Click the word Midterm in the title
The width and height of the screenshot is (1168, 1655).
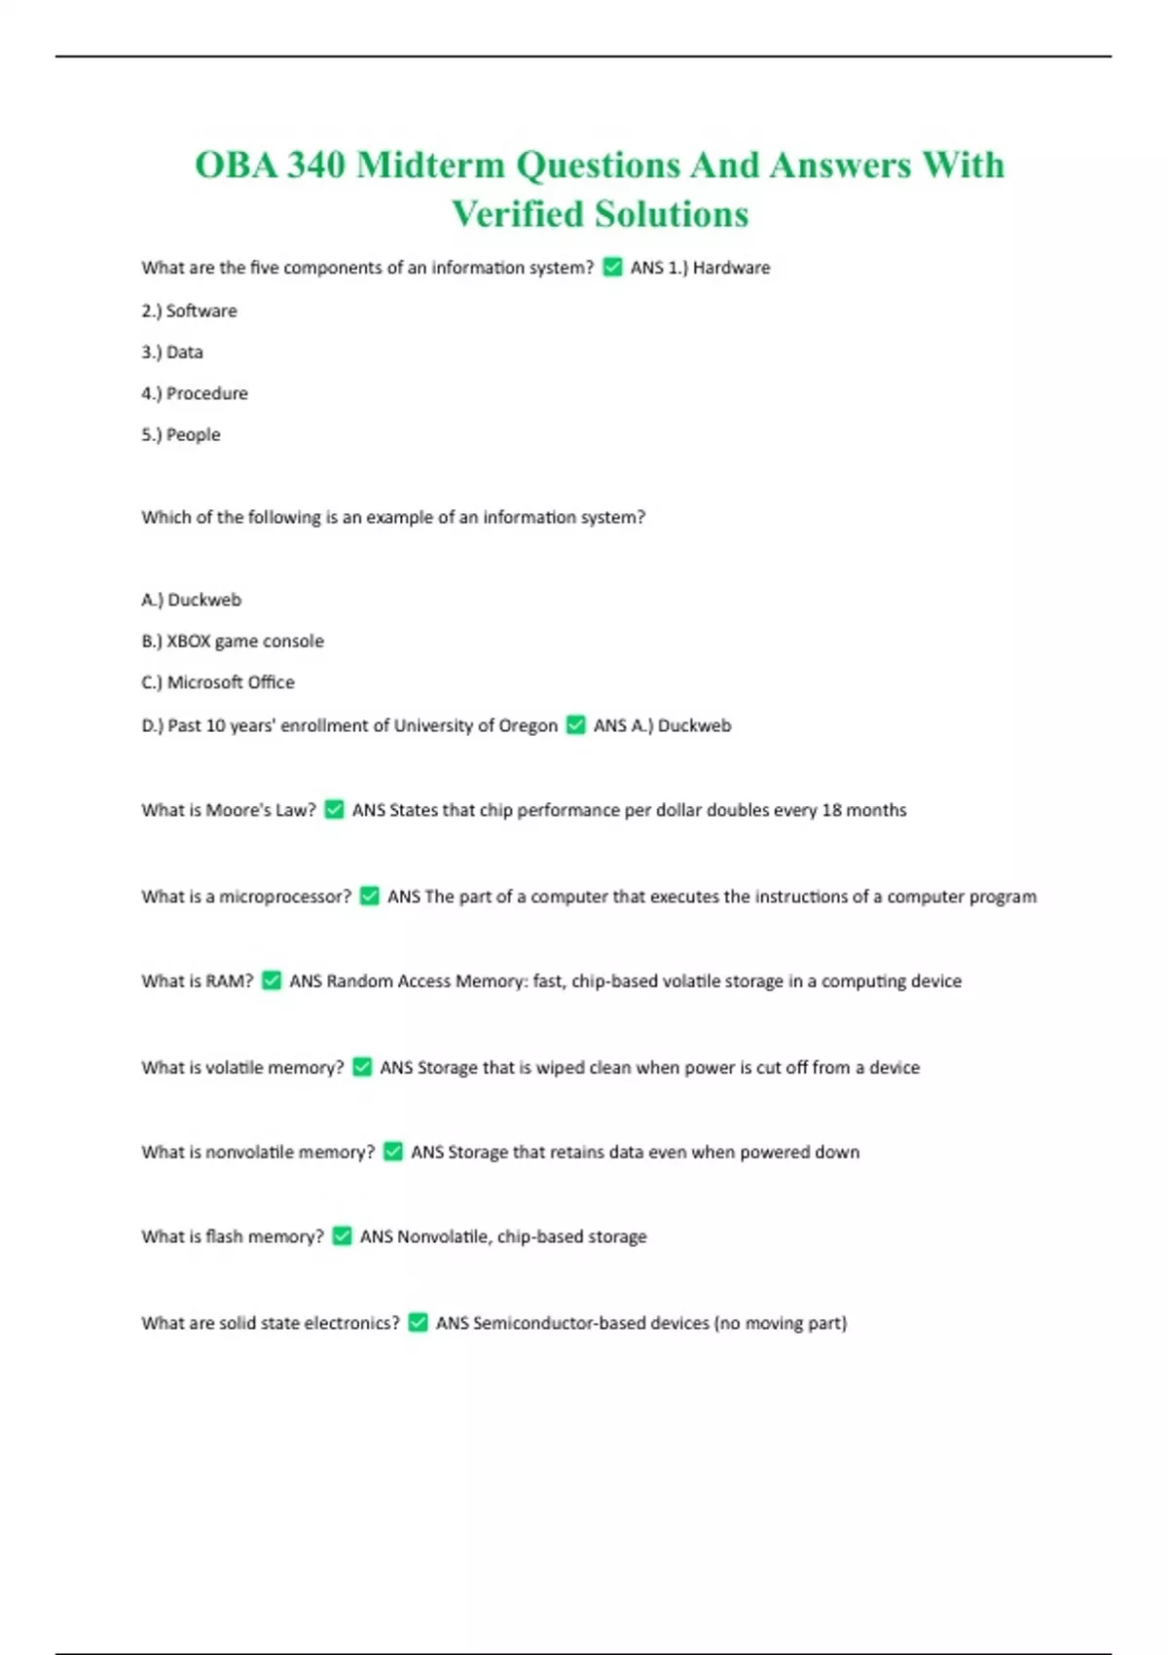(x=430, y=165)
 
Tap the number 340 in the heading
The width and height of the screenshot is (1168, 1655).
(x=315, y=165)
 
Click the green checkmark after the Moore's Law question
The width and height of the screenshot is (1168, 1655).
(x=334, y=809)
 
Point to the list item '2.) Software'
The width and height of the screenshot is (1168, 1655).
(x=189, y=311)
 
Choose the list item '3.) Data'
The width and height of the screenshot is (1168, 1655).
(x=172, y=352)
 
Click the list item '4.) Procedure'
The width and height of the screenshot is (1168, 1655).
(x=195, y=393)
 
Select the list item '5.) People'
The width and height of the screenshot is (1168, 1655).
(x=181, y=435)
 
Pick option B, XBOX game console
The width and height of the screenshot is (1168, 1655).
(x=233, y=641)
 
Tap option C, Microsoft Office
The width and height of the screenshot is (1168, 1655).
(x=218, y=682)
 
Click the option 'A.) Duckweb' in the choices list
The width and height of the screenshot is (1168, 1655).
(x=192, y=600)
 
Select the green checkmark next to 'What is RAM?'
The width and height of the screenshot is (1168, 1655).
(x=272, y=980)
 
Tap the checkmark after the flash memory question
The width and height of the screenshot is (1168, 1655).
(x=342, y=1235)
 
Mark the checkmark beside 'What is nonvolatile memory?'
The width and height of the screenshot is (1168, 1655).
(x=393, y=1152)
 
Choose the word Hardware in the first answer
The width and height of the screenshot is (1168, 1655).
(x=731, y=268)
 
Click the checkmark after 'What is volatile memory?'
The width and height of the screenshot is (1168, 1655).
(x=362, y=1067)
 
